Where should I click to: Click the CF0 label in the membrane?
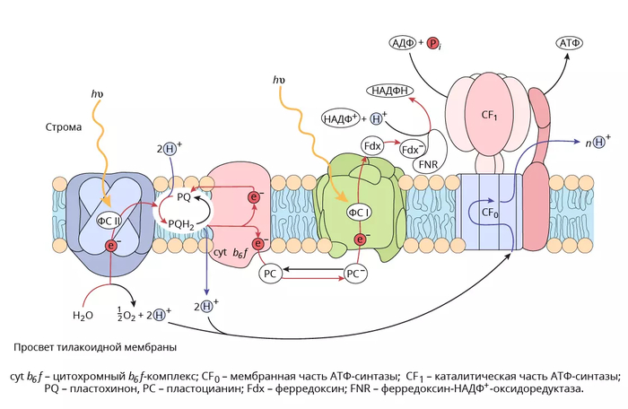pyautogui.click(x=489, y=213)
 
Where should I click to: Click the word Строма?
pyautogui.click(x=64, y=127)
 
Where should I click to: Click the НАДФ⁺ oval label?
pyautogui.click(x=341, y=119)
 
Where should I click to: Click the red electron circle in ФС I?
pyautogui.click(x=361, y=239)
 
